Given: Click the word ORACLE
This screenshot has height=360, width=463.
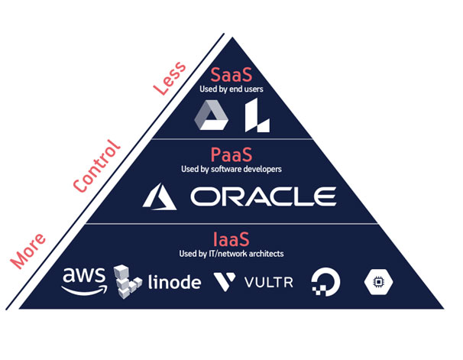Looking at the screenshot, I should (x=263, y=197).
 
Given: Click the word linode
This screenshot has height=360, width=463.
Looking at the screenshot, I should (x=175, y=282).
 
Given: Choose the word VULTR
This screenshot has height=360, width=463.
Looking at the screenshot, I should (x=270, y=282).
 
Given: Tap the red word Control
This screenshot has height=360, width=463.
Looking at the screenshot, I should (x=96, y=167).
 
